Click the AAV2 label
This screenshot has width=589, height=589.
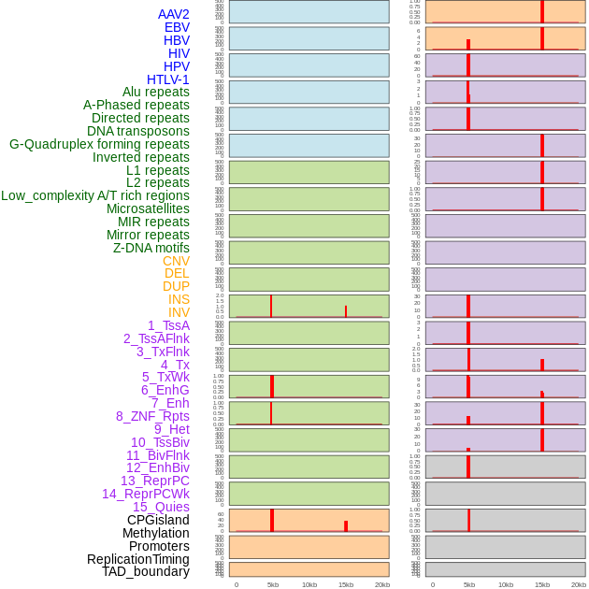(174, 14)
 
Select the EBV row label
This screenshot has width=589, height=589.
(177, 27)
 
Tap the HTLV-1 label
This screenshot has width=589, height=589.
(168, 79)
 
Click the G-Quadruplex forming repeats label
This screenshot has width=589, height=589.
(99, 144)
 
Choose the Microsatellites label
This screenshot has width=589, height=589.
(148, 208)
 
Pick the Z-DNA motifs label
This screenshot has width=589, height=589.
(151, 248)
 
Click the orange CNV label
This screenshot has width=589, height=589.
(176, 261)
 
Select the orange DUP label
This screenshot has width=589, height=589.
(176, 286)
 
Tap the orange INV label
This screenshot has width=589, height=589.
(179, 312)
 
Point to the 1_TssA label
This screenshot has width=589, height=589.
(168, 325)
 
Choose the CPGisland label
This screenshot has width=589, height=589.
(158, 520)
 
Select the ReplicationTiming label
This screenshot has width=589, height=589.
(138, 559)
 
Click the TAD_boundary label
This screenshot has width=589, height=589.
(146, 571)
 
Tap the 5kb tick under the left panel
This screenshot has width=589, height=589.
(273, 584)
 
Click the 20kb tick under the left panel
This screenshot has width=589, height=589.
(381, 584)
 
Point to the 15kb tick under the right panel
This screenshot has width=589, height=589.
(542, 584)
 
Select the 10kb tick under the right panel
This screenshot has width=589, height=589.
(506, 584)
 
